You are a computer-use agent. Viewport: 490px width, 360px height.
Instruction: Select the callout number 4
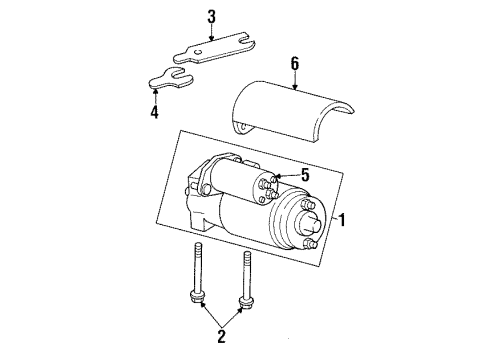coord(155,113)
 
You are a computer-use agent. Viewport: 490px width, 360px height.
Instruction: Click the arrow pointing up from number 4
coord(155,95)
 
